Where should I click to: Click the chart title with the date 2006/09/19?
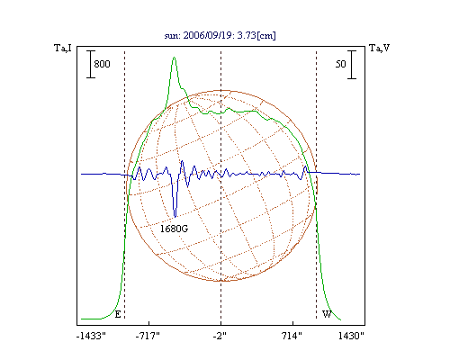pyautogui.click(x=220, y=35)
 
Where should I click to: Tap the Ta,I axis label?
pyautogui.click(x=63, y=48)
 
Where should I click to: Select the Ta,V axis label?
pyautogui.click(x=379, y=48)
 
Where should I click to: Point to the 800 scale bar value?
pyautogui.click(x=102, y=64)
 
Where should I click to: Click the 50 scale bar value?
pyautogui.click(x=341, y=64)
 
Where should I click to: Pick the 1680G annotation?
pyautogui.click(x=174, y=229)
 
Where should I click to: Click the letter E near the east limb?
pyautogui.click(x=118, y=314)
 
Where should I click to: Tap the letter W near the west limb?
pyautogui.click(x=327, y=314)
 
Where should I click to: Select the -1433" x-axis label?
pyautogui.click(x=91, y=336)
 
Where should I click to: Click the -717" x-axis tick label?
pyautogui.click(x=148, y=336)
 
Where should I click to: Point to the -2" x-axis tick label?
pyautogui.click(x=220, y=336)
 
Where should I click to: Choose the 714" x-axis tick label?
pyautogui.click(x=292, y=336)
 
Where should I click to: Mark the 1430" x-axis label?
pyautogui.click(x=351, y=336)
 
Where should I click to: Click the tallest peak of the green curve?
pyautogui.click(x=174, y=58)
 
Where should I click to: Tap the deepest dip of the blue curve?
pyautogui.click(x=175, y=216)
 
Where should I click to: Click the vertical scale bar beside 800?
pyautogui.click(x=91, y=65)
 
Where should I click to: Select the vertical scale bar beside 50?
pyautogui.click(x=352, y=65)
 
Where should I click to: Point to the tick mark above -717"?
pyautogui.click(x=149, y=323)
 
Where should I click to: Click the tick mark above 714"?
pyautogui.click(x=292, y=323)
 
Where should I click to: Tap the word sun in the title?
pyautogui.click(x=171, y=36)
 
